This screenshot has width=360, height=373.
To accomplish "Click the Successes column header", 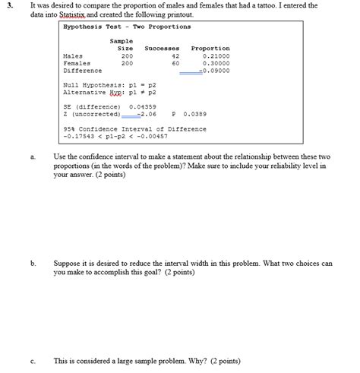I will coord(161,49).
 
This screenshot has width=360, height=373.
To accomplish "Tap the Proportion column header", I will coord(210,49).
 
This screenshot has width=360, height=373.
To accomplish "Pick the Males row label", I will coord(74,56).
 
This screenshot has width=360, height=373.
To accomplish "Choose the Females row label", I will coord(77,64).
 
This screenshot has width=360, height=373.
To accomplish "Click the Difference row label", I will coord(82,71).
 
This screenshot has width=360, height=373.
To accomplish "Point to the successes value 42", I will coord(175,56).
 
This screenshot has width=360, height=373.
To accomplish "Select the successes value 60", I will coord(175,64).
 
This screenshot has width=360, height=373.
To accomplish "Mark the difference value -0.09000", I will coord(213,71).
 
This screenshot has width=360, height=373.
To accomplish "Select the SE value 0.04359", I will coord(143,107).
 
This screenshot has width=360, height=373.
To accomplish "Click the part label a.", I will coord(34,156).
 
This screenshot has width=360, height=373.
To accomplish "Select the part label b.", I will coord(34,263).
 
